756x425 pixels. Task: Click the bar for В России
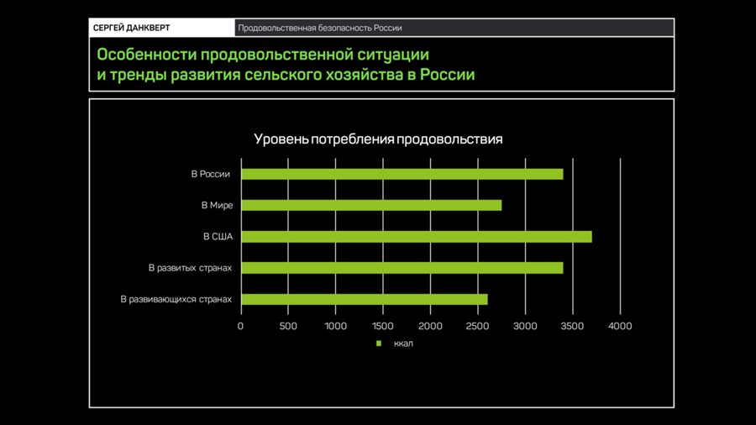402,174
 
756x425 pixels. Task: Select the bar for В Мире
371,205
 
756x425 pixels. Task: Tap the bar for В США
417,237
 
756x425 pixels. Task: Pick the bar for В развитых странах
402,268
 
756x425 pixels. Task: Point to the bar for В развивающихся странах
365,299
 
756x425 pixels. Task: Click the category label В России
211,174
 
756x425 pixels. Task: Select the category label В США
218,237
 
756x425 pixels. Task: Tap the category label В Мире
217,205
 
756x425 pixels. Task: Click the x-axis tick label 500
288,326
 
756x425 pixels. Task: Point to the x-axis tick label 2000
431,326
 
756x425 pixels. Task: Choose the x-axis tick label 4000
620,326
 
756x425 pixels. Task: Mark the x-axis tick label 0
240,326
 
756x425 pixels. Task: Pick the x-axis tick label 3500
573,326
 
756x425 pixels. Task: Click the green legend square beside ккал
379,344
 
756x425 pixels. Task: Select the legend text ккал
403,344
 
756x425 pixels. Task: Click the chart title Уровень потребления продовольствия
378,139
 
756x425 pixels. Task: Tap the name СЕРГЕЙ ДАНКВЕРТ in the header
132,28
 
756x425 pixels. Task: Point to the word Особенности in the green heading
146,55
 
